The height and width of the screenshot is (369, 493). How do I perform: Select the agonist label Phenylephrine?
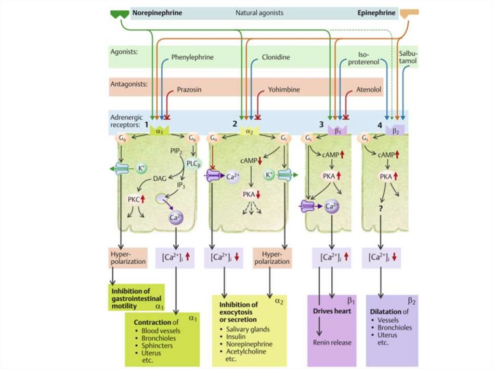pos(192,57)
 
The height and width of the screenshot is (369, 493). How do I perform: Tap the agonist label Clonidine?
pos(275,57)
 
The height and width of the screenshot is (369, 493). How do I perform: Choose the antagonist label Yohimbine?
pos(284,89)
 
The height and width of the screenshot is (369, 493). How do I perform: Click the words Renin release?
pos(332,343)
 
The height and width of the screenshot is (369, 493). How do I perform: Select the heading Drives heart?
pos(333,311)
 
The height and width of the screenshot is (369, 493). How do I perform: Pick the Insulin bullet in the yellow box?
pos(236,337)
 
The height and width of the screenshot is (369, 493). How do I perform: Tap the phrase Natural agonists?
pos(260,13)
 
